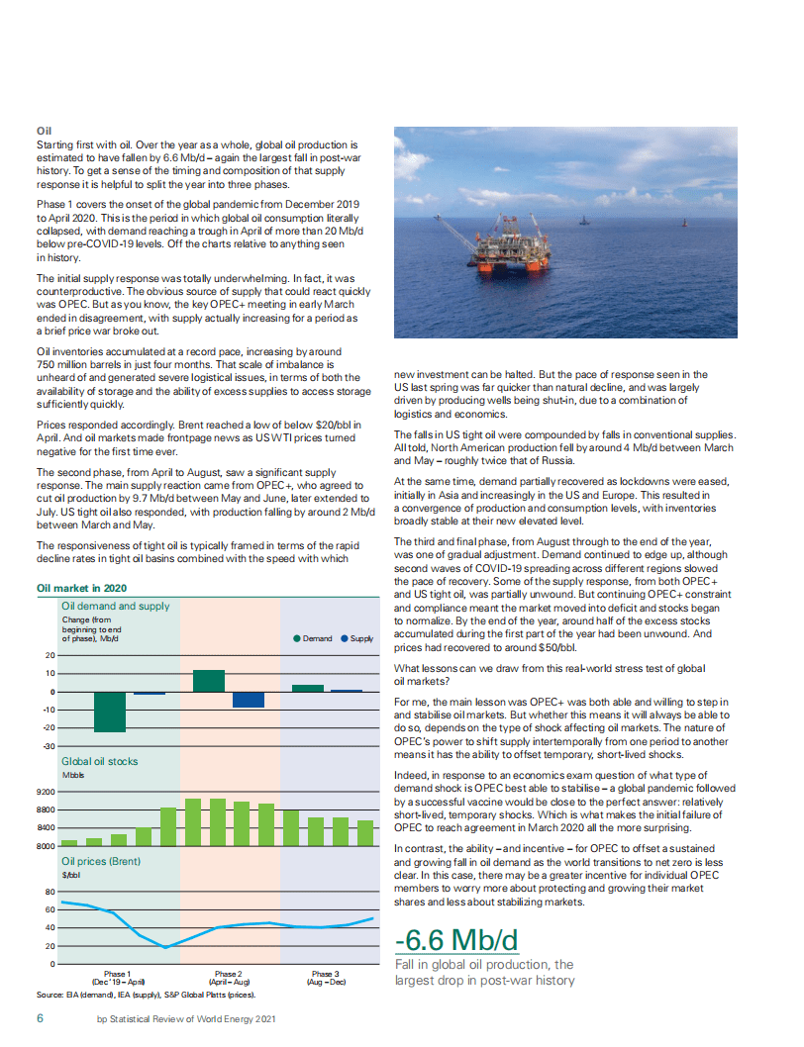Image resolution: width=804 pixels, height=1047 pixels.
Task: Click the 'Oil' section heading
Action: pos(44,131)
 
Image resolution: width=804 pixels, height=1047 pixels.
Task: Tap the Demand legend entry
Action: pos(314,638)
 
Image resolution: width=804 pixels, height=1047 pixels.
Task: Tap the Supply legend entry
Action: pos(357,638)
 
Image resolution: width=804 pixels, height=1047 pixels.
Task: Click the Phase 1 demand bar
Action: pos(110,712)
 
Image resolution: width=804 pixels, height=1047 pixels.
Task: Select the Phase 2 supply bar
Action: pos(249,700)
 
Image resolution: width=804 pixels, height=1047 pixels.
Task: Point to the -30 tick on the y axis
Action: pos(48,745)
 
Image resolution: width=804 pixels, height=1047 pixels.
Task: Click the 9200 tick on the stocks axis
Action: pos(45,793)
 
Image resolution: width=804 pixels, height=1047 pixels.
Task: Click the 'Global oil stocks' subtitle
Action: pos(100,762)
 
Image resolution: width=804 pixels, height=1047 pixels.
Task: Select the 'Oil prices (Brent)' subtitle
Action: pos(100,861)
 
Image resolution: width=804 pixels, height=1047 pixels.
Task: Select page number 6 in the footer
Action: pos(41,1018)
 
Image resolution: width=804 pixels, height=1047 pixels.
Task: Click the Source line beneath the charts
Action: pos(146,995)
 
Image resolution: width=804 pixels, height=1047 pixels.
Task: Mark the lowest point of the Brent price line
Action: pos(165,947)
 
